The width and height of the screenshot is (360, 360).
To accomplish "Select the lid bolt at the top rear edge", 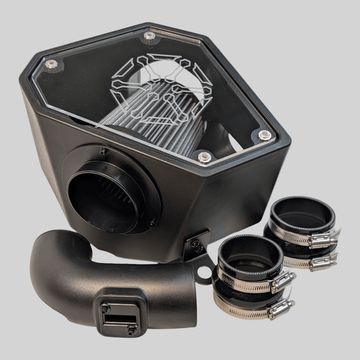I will [x=149, y=35].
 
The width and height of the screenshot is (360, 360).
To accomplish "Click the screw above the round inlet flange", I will [x=102, y=151].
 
